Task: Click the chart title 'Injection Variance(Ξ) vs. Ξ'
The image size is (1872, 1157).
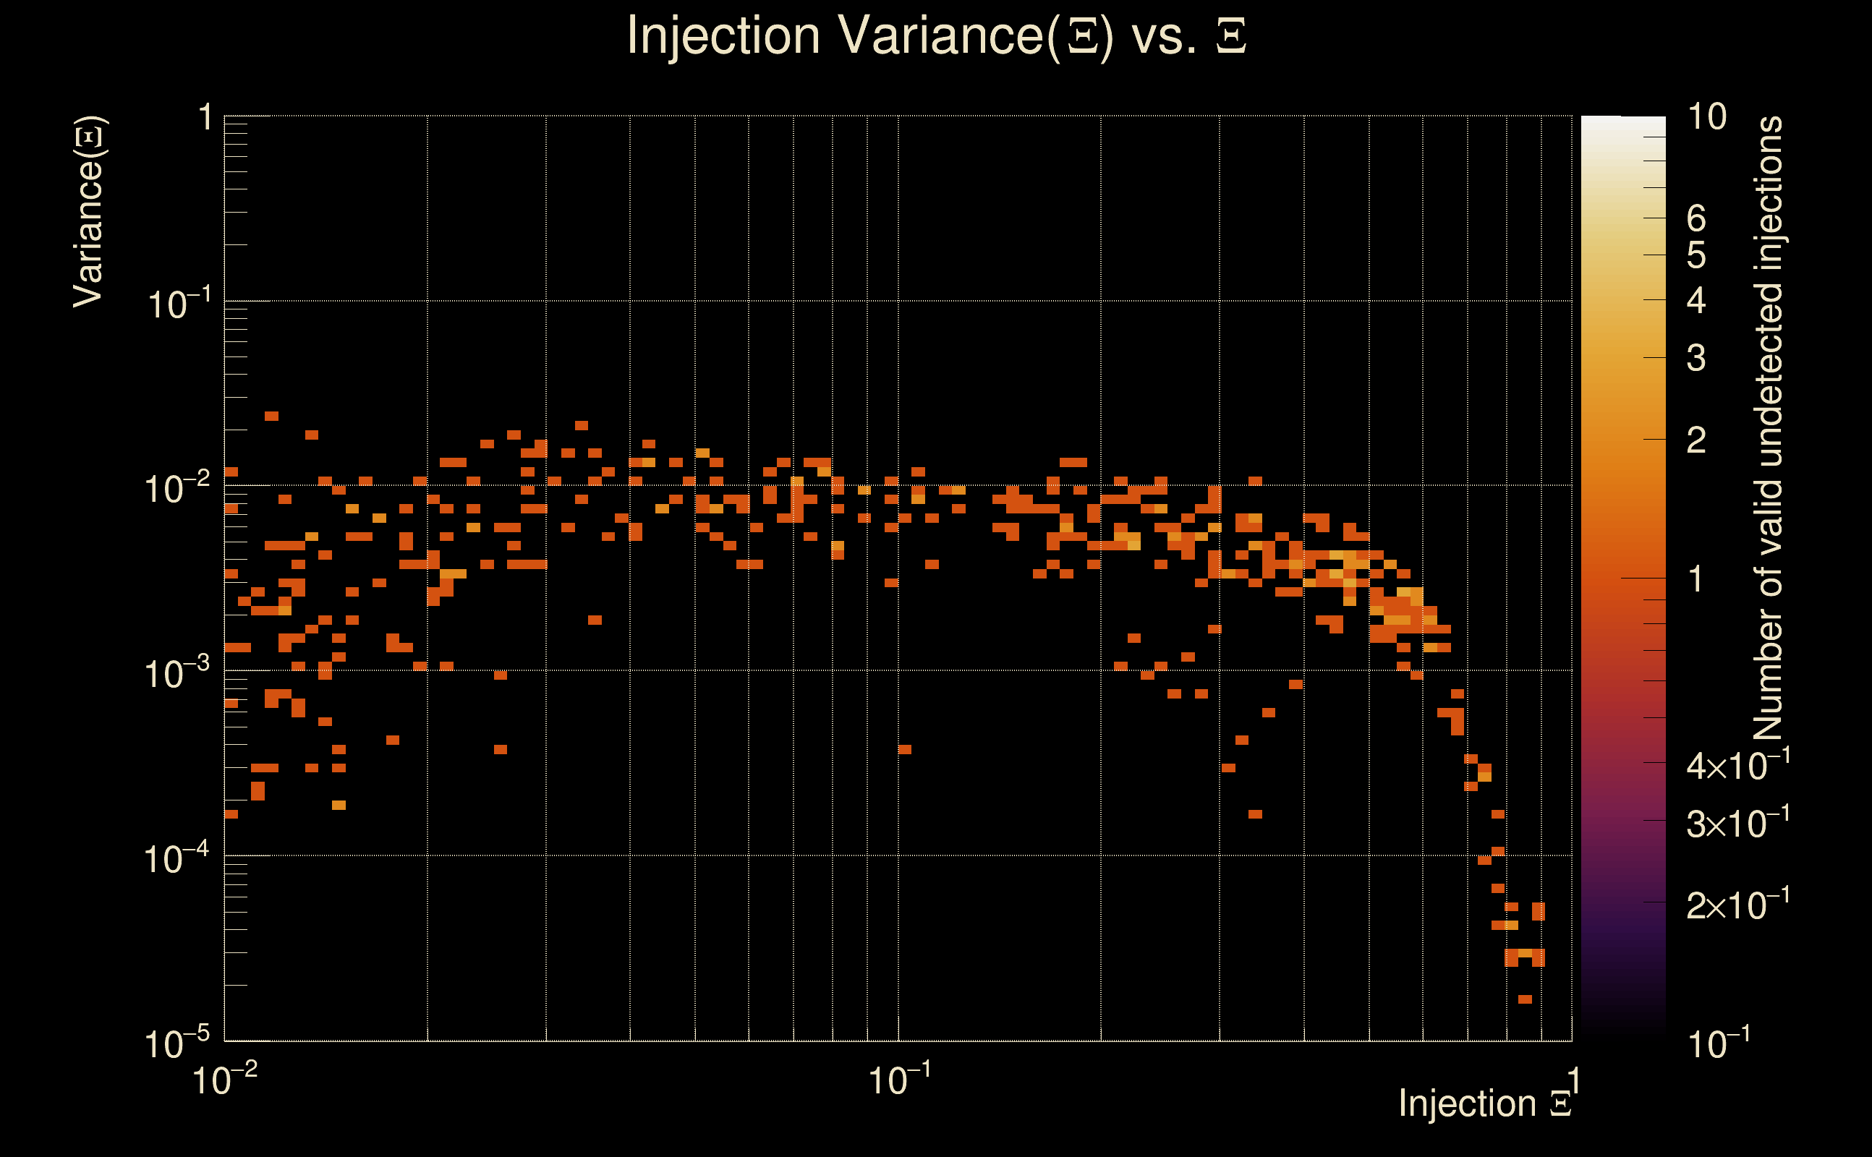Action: click(935, 36)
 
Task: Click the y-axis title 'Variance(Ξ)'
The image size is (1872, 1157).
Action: click(90, 212)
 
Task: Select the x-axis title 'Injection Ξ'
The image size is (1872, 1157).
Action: click(1484, 1103)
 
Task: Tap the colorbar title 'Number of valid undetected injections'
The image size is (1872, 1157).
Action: click(1768, 429)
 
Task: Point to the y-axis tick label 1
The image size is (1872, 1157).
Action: click(205, 118)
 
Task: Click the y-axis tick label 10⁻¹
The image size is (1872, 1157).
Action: click(179, 304)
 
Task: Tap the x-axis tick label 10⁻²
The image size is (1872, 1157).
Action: click(224, 1079)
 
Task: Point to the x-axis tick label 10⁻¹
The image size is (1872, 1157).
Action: click(899, 1079)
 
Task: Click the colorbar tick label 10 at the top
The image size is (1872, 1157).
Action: click(1706, 117)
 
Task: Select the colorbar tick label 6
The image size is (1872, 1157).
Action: click(1696, 219)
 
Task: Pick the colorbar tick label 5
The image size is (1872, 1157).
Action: click(1696, 255)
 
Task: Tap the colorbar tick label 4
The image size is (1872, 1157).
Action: click(1696, 301)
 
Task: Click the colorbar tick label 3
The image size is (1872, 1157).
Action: click(1696, 358)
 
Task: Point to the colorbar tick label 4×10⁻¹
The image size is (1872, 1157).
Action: click(1738, 764)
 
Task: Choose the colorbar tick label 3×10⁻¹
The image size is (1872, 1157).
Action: click(1738, 823)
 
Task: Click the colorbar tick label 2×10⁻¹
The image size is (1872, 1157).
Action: click(1738, 904)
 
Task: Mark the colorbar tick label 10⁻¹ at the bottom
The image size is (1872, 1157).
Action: click(1718, 1043)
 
